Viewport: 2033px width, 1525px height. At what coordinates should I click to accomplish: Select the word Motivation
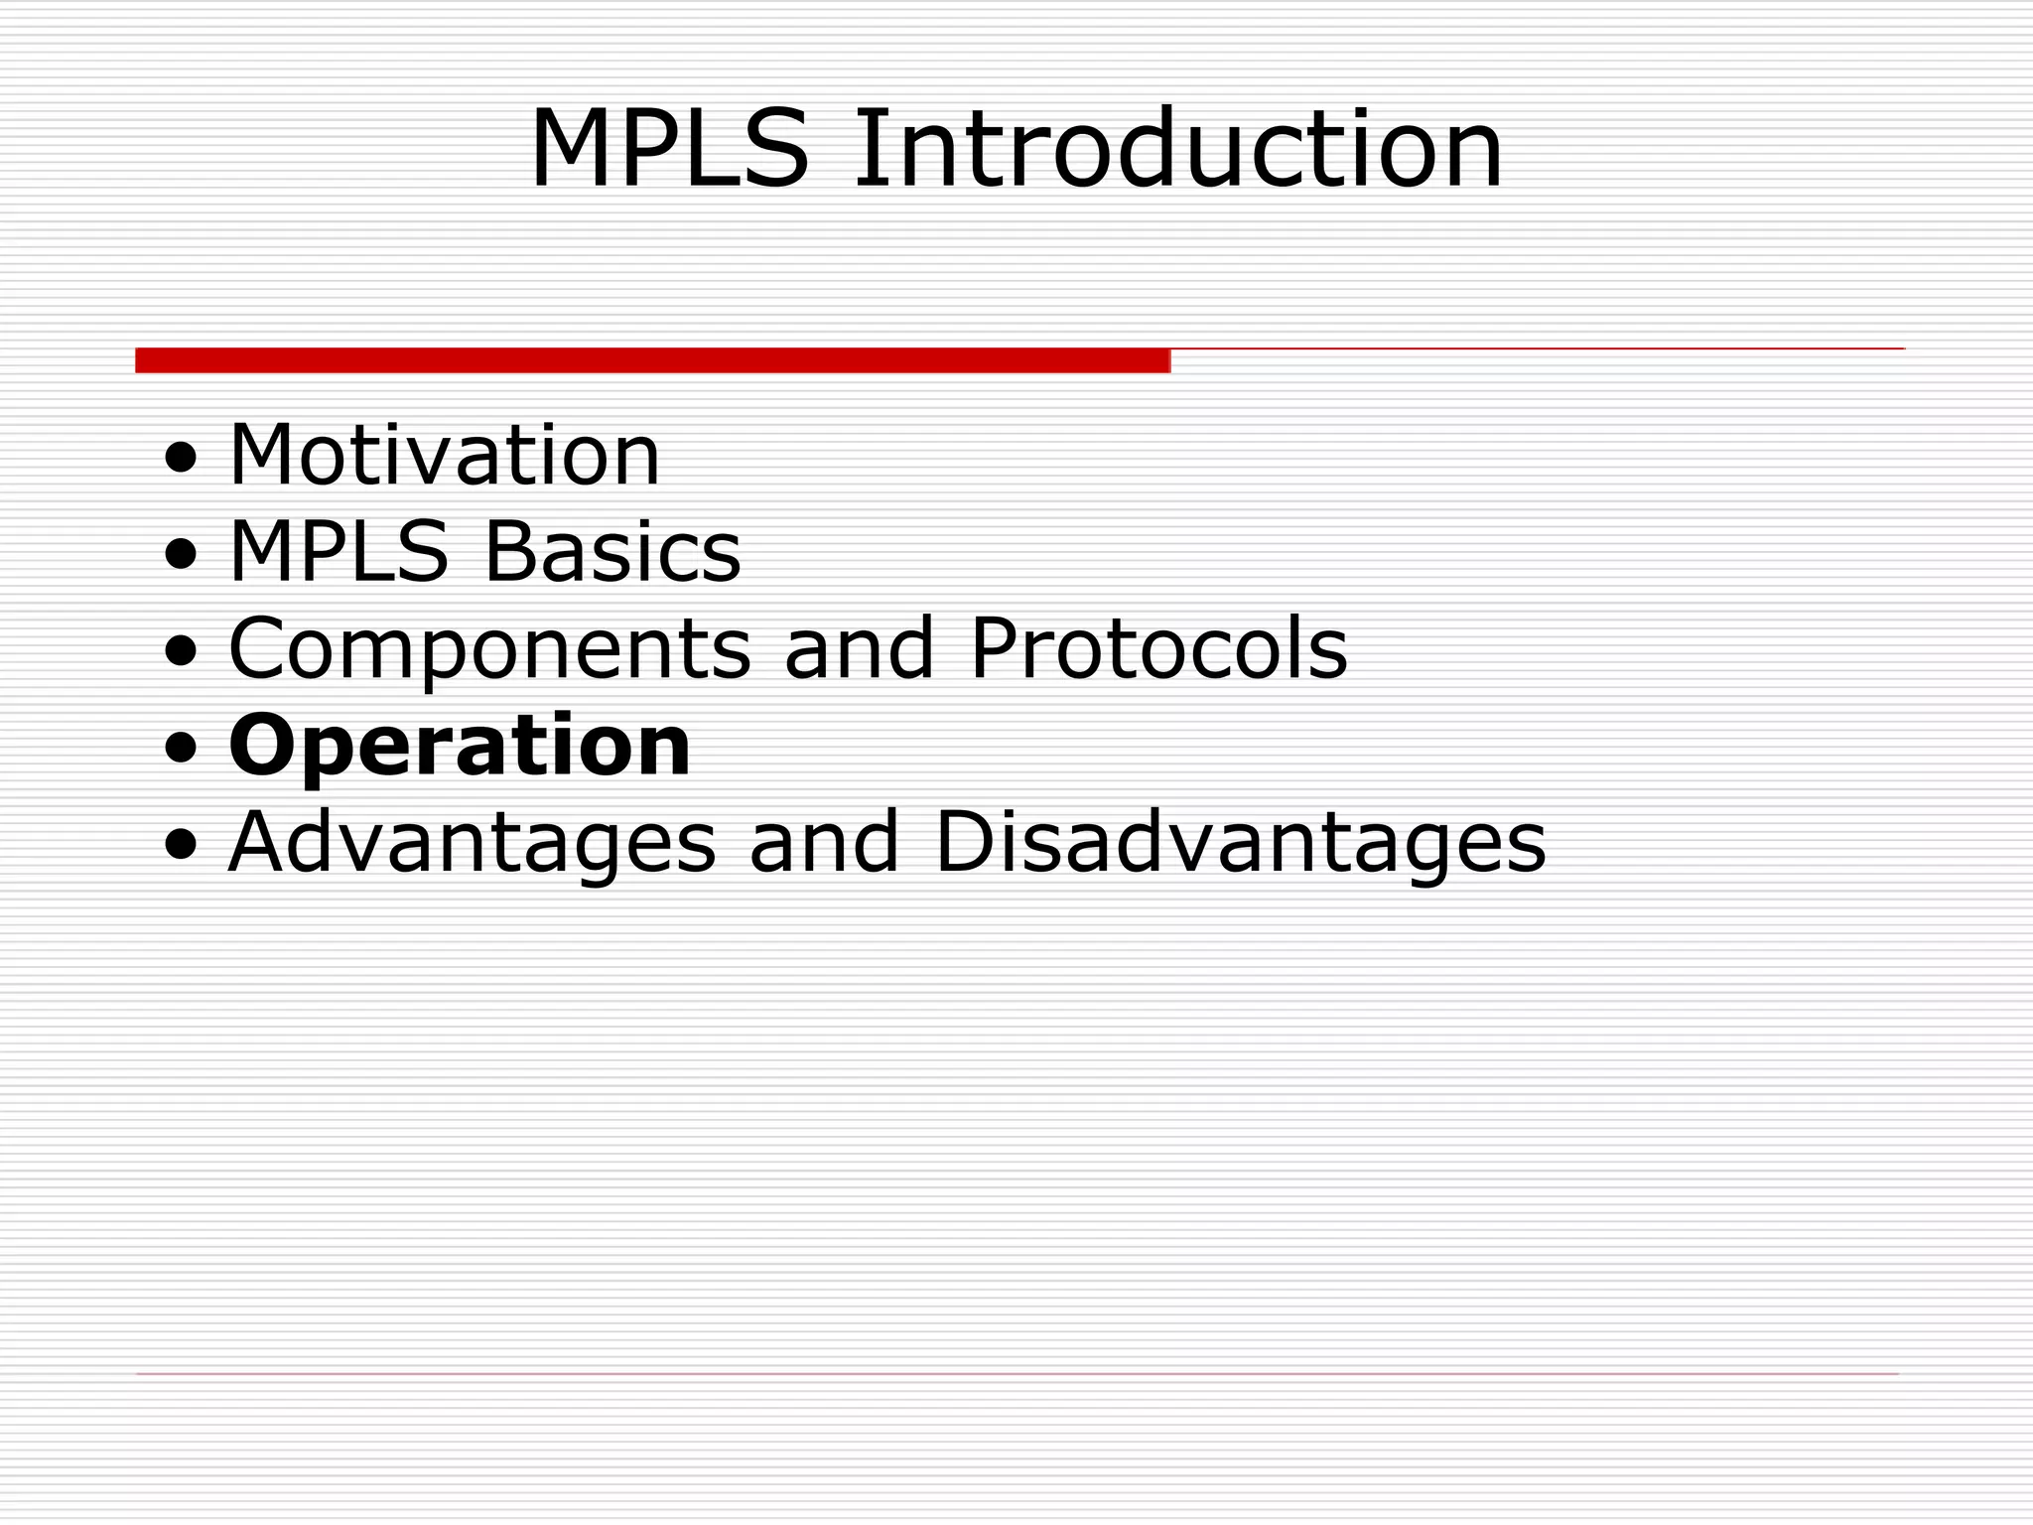point(444,456)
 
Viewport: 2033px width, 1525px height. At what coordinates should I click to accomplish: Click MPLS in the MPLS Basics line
point(339,552)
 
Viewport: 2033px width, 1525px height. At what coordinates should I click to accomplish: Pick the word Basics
point(612,552)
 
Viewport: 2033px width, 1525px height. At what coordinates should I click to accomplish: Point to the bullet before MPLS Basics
point(182,556)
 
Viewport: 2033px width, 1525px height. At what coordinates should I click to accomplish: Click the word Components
point(489,649)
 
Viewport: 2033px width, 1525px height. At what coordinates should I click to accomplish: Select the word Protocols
point(1157,649)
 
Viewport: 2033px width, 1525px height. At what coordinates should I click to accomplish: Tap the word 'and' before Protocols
point(859,649)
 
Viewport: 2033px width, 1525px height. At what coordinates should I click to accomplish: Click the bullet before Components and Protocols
point(182,653)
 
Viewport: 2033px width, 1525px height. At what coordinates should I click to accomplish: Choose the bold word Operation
point(459,747)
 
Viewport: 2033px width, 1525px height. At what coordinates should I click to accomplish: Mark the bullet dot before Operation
point(182,751)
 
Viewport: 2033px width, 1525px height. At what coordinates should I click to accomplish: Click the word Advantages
point(472,844)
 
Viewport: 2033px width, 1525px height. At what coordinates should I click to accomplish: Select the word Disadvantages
point(1240,844)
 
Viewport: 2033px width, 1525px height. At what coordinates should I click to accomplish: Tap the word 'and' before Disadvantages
point(824,844)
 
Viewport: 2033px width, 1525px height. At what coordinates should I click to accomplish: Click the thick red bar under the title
point(652,360)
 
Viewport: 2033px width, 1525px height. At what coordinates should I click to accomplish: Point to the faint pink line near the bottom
point(1016,1374)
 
